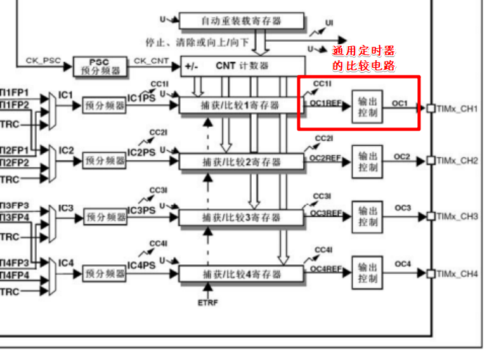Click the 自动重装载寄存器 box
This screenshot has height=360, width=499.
coord(241,20)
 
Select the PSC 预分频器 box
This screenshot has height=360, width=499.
coord(100,67)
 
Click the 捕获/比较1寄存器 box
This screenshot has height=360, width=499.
coord(241,106)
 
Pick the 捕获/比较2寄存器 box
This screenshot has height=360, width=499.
coord(241,162)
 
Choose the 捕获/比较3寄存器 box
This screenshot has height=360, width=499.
coord(241,217)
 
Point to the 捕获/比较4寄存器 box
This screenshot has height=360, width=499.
coord(241,274)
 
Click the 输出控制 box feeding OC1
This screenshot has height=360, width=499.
coord(368,106)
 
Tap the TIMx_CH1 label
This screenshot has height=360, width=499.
coord(457,108)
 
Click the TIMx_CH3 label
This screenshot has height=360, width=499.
coord(457,217)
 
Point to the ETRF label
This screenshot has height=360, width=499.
coord(207,302)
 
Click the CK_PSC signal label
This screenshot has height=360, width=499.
coord(41,60)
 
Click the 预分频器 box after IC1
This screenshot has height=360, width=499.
coord(105,106)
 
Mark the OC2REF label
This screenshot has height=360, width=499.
coord(325,157)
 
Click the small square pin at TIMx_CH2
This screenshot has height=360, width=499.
coord(431,160)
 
